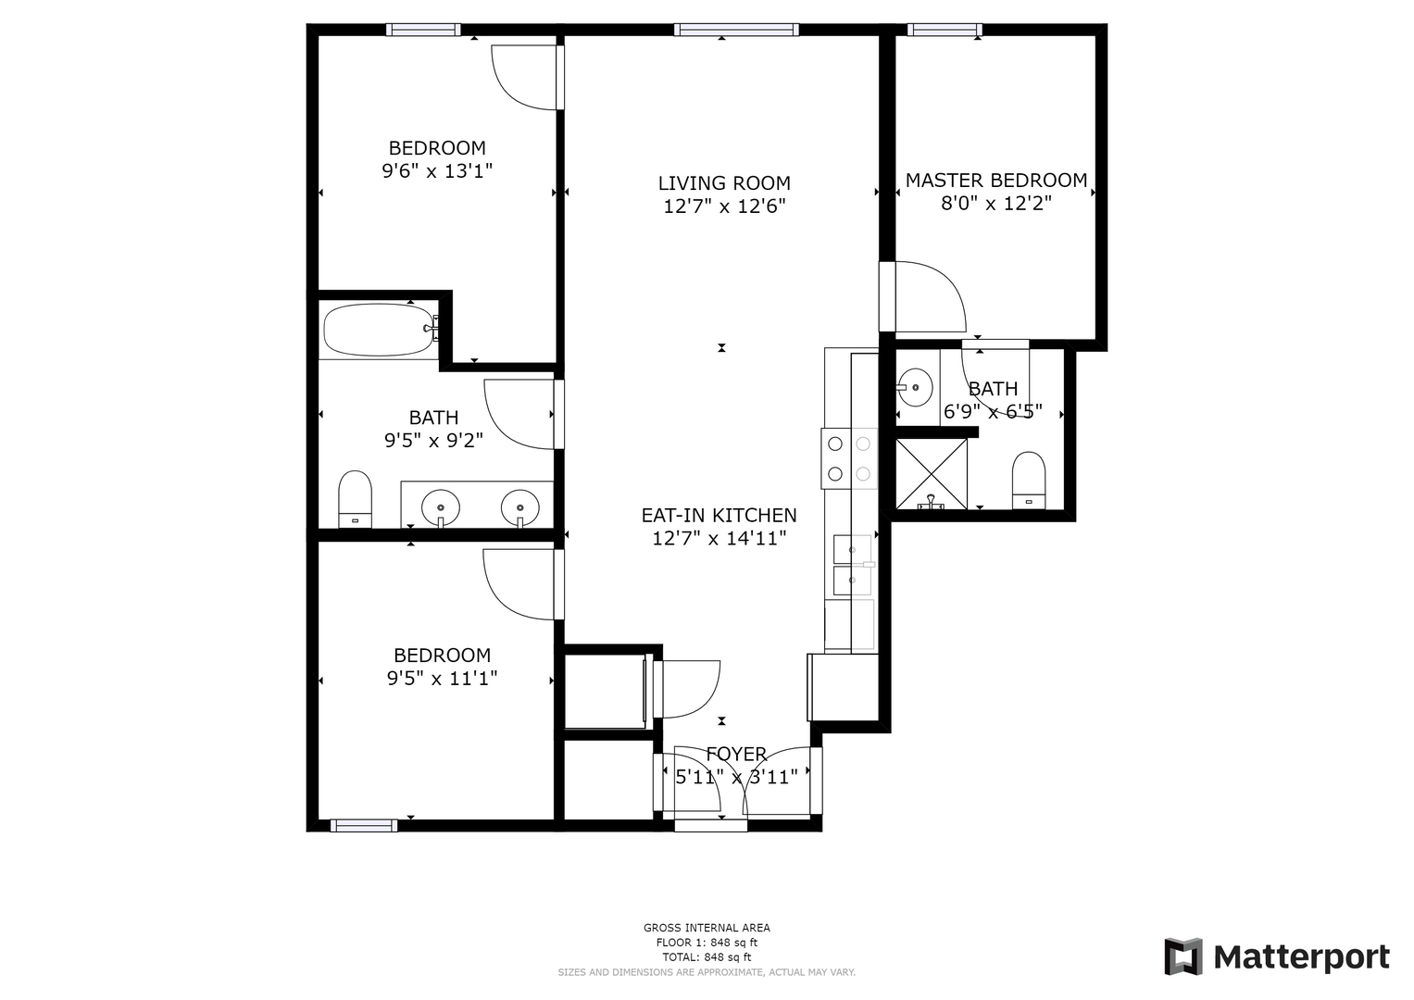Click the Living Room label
click(724, 183)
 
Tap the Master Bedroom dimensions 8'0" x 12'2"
click(996, 204)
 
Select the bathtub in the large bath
click(378, 330)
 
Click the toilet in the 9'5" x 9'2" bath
click(355, 499)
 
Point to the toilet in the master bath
click(1028, 481)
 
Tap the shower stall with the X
click(932, 474)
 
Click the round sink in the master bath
click(914, 387)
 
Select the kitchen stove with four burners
click(849, 458)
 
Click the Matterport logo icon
click(1183, 957)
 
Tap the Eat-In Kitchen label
click(719, 516)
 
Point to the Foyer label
click(736, 754)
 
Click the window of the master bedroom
click(945, 30)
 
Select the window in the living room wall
click(736, 30)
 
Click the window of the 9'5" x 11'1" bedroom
click(364, 826)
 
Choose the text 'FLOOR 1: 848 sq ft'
click(707, 943)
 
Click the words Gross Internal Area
click(707, 928)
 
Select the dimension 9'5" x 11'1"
click(442, 679)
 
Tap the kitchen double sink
click(853, 565)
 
